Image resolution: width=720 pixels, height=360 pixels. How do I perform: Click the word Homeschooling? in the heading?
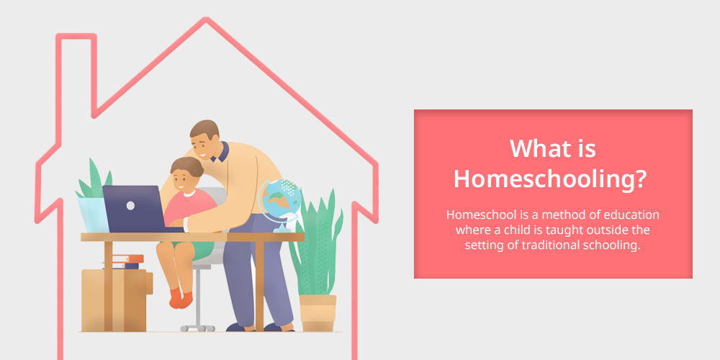[x=553, y=179]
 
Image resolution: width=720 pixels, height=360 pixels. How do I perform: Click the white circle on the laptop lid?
[x=130, y=205]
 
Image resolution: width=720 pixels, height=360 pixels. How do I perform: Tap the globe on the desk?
[x=279, y=202]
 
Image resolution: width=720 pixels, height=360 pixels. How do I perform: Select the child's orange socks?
[x=181, y=298]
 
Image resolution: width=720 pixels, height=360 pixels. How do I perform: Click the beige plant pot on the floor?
[x=318, y=312]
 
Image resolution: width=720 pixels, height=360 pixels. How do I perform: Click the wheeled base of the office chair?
[x=197, y=328]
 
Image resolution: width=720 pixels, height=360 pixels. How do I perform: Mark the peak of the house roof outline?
[x=206, y=19]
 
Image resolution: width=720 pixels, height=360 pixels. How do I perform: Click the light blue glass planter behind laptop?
[x=93, y=215]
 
